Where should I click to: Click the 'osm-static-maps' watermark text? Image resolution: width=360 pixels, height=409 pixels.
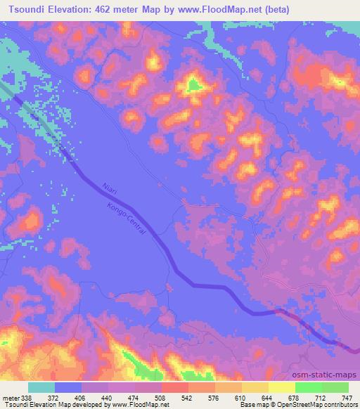pyautogui.click(x=328, y=375)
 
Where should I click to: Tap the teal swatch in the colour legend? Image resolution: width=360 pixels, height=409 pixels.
pyautogui.click(x=41, y=387)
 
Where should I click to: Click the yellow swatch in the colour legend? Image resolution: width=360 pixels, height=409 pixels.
pyautogui.click(x=281, y=387)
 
